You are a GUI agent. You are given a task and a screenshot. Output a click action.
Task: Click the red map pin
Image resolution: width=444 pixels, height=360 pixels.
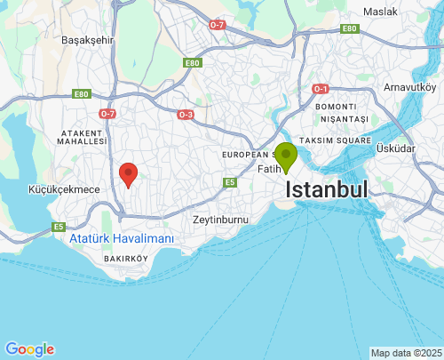129,174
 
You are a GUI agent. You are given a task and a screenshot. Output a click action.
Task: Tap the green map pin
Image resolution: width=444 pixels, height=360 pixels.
286,156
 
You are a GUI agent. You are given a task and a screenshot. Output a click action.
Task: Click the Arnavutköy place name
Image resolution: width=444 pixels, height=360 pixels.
409,87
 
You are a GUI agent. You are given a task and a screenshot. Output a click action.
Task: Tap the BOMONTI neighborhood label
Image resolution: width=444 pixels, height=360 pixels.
334,107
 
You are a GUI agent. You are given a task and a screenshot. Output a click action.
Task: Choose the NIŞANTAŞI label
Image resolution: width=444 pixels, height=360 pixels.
345,119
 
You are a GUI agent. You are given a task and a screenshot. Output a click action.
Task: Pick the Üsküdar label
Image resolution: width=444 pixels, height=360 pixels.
395,148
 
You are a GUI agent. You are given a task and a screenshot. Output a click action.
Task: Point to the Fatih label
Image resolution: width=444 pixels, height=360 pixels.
267,169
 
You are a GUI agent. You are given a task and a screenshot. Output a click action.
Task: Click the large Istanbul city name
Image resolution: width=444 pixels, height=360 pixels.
327,190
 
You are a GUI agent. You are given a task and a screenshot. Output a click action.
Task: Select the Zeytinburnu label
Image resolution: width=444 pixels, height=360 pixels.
220,219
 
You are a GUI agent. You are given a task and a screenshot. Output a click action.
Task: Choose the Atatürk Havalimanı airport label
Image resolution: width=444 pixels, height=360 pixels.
122,239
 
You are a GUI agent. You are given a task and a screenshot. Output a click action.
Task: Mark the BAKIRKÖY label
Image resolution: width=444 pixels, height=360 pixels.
125,258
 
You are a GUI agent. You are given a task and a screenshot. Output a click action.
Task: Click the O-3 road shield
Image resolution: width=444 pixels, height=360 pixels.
185,115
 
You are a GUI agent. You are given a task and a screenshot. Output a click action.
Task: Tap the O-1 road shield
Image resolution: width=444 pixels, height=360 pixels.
321,89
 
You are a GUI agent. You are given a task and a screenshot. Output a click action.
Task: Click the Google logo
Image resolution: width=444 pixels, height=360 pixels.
29,349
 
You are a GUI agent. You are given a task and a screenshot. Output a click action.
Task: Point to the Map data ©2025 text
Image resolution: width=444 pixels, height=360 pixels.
406,353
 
